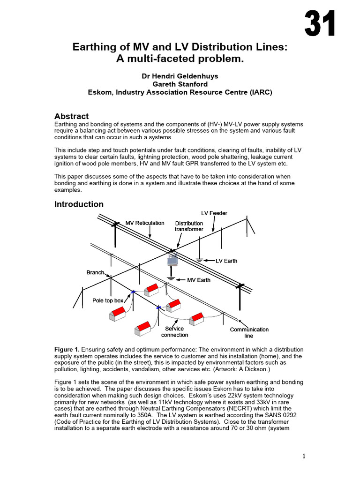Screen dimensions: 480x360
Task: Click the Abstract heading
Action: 71,116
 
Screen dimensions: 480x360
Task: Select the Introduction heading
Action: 79,204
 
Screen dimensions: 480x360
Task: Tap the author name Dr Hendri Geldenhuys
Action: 180,75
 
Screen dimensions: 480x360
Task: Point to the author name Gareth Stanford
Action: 180,84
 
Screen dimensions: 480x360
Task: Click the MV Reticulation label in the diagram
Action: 145,223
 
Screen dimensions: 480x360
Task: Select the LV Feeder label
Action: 214,213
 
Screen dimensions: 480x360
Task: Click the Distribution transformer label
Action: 189,226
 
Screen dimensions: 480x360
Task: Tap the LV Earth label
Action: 226,261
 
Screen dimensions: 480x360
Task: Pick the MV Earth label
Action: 199,280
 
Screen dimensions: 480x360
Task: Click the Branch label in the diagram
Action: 95,272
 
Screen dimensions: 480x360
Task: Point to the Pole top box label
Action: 107,300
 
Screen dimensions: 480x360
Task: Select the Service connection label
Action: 174,332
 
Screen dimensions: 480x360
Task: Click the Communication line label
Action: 249,332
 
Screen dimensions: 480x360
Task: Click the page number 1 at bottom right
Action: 304,456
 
